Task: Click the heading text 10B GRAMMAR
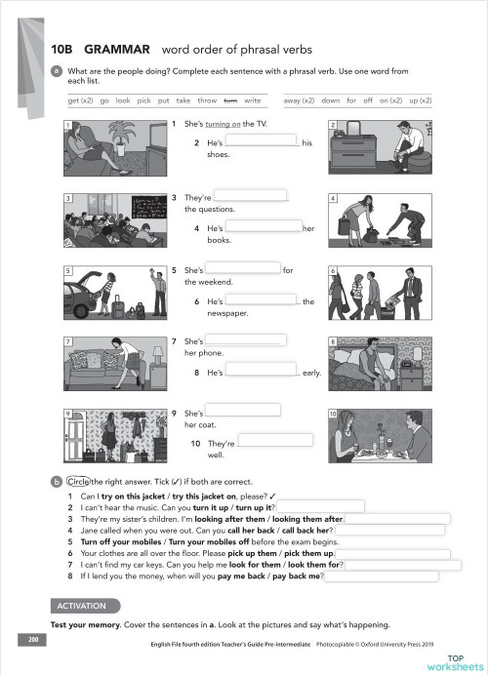pos(100,49)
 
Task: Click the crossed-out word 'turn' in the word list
pos(230,100)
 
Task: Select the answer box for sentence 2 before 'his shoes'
pos(261,141)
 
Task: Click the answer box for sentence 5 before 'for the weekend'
pos(243,269)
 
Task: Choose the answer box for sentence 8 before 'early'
pos(261,372)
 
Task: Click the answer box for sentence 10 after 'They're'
pos(274,441)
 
